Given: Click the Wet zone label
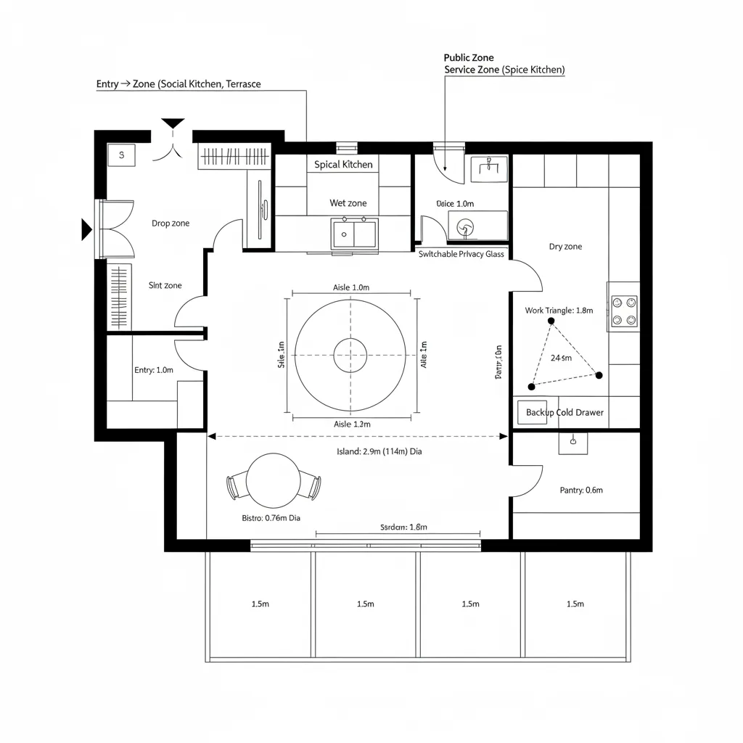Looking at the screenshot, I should [348, 203].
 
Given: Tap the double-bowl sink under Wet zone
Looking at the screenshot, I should [354, 234].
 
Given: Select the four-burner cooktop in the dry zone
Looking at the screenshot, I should [624, 311].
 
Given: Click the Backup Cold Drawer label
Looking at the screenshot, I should [565, 412].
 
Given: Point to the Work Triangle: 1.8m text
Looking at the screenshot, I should [559, 311].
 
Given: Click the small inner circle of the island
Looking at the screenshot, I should [350, 356].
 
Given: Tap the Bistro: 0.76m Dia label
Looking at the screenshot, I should [270, 518].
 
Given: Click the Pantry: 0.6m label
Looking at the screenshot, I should [581, 490].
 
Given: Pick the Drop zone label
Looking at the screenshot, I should [171, 223].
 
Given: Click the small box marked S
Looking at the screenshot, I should [121, 155].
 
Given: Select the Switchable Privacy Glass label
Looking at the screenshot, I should [461, 254].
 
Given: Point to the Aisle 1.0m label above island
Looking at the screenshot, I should [351, 287].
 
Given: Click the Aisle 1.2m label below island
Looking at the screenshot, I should [352, 424].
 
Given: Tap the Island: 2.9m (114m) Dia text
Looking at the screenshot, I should [379, 451].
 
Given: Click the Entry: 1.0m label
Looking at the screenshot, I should [154, 370].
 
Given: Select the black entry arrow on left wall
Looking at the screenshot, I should [86, 230].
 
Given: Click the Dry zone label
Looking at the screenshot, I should [565, 247].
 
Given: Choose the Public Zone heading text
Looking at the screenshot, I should [468, 57].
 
